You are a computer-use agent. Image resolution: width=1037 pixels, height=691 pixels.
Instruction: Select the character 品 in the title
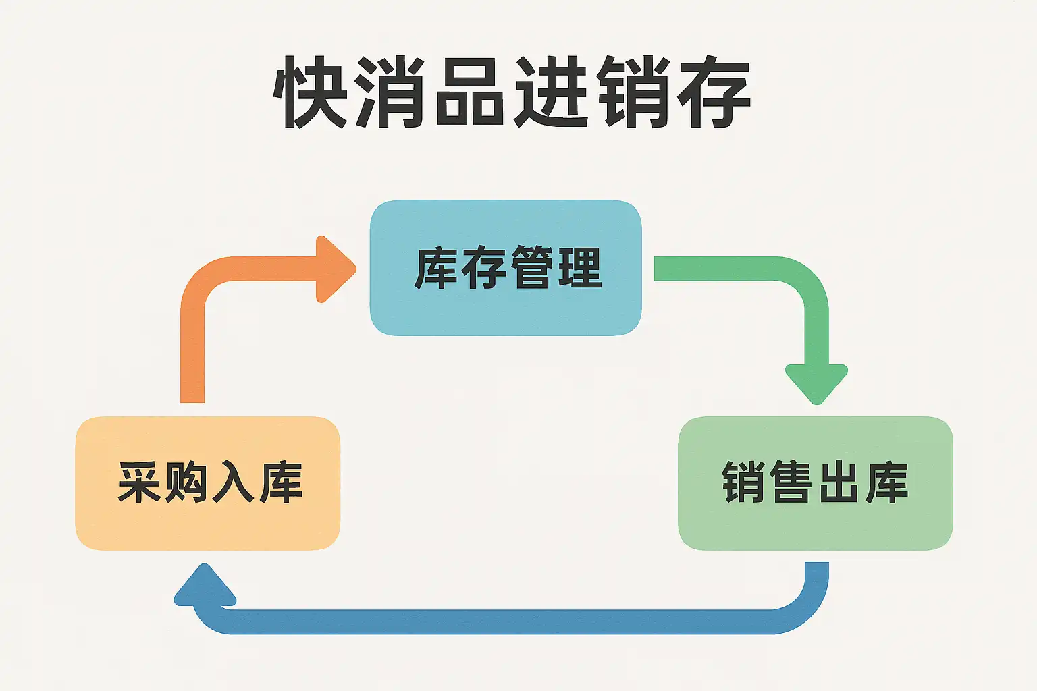469,92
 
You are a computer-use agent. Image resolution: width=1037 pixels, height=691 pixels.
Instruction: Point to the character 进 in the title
551,92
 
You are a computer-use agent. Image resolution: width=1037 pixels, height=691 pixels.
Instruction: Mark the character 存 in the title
713,92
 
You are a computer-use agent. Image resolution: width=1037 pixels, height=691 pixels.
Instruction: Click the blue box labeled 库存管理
505,268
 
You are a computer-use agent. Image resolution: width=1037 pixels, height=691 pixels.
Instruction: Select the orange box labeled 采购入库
207,483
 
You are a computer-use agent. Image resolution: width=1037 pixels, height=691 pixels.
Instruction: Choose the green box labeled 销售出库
815,483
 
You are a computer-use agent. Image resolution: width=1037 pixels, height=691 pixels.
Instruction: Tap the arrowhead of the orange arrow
334,269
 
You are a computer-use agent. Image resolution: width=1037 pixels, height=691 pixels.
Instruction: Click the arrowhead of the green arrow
816,383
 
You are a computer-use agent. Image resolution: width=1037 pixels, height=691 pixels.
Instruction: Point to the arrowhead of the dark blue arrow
205,586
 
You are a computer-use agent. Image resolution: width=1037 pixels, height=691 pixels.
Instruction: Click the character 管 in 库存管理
531,268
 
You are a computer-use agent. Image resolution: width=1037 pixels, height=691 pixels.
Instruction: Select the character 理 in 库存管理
579,268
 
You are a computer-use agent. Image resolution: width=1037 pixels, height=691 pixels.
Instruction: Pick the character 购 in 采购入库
186,483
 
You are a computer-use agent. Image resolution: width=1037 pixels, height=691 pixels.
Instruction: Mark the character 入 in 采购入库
233,483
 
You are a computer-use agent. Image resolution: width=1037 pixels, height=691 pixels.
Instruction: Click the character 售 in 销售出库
791,483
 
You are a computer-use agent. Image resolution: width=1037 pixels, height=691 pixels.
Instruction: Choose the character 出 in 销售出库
838,483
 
